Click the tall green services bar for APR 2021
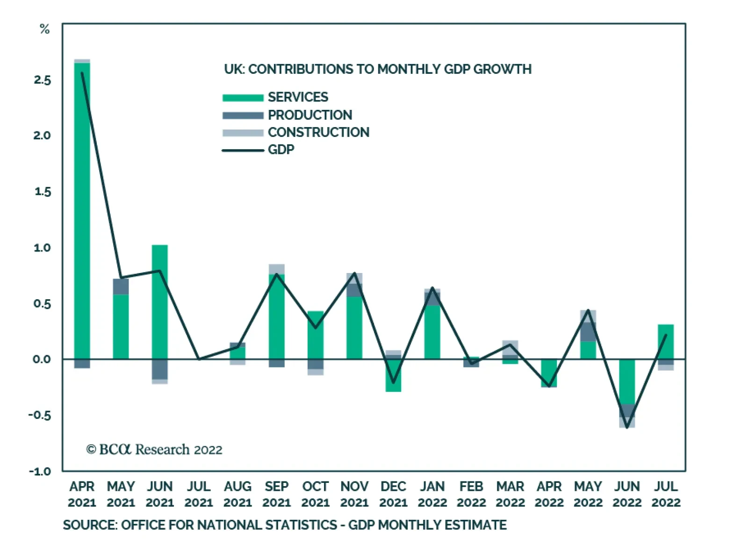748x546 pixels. tap(82, 210)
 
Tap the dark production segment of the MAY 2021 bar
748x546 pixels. tap(121, 287)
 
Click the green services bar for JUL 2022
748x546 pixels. tap(666, 342)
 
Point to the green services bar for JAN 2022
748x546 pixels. tap(432, 332)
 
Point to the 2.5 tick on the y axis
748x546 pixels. tap(42, 80)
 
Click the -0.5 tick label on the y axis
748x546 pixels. tap(40, 415)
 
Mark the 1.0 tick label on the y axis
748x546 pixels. tap(42, 248)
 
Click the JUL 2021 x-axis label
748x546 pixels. tap(199, 495)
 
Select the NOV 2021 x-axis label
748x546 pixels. tap(354, 495)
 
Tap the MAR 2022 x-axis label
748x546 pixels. tap(510, 495)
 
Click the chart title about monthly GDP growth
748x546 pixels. tap(378, 69)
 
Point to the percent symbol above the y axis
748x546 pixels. tap(44, 29)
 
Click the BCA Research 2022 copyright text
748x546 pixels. tap(154, 450)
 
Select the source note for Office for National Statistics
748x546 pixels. tap(285, 525)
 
